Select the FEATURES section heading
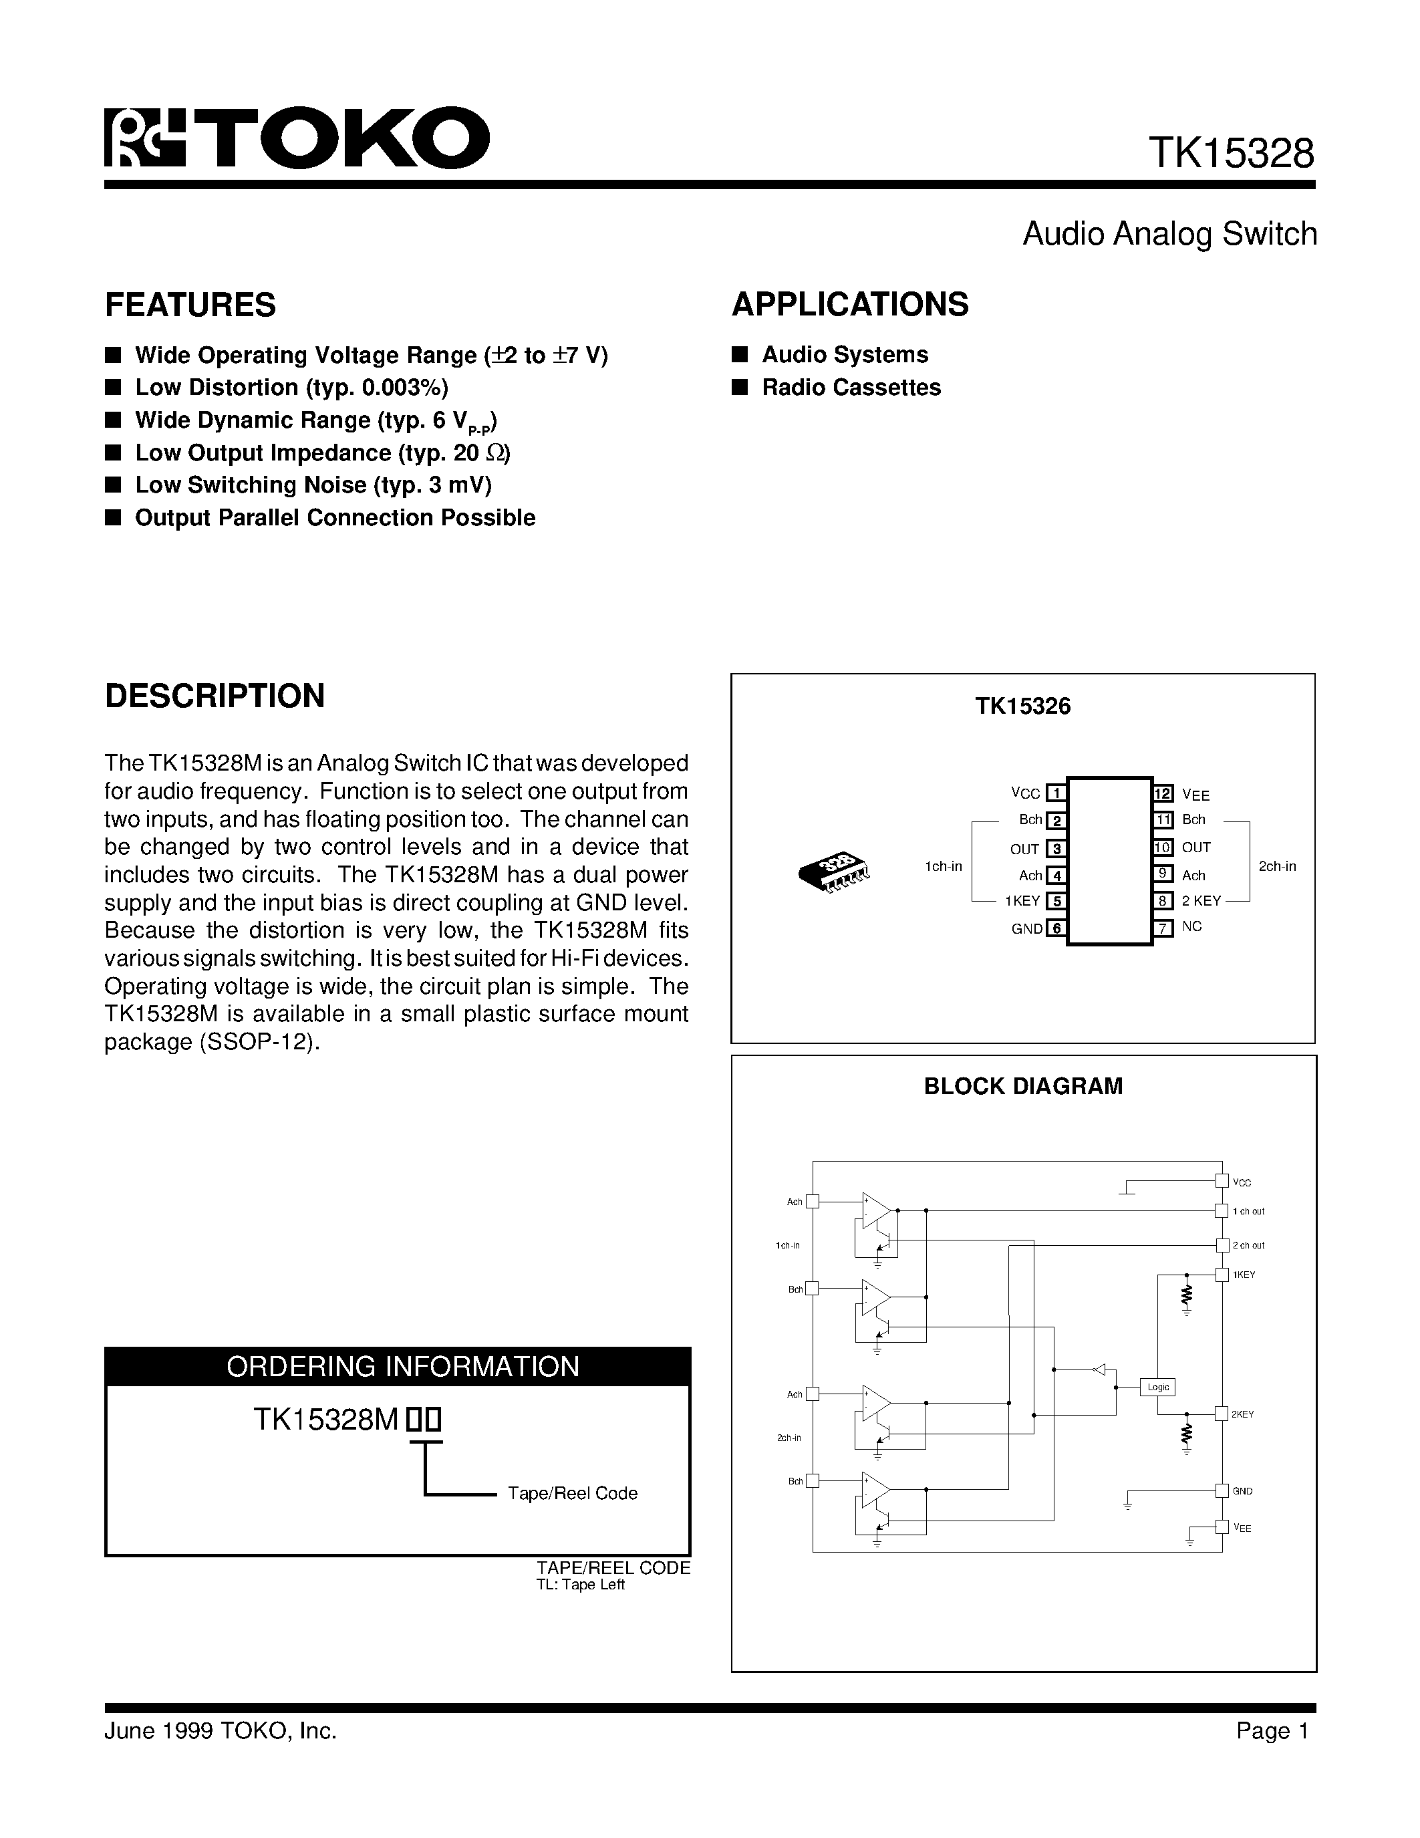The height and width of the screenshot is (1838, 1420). click(x=190, y=305)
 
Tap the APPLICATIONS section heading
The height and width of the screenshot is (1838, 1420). click(x=849, y=305)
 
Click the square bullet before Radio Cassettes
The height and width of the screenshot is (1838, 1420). click(x=740, y=387)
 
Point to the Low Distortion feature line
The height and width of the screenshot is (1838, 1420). click(x=291, y=387)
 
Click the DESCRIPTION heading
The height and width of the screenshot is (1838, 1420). click(x=215, y=696)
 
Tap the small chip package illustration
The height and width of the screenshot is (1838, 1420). click(x=833, y=872)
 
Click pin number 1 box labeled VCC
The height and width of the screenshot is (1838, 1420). click(x=1056, y=793)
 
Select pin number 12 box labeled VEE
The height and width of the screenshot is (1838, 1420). click(x=1163, y=793)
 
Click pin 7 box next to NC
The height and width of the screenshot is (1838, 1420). click(x=1163, y=928)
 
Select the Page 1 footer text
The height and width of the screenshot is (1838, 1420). click(x=1273, y=1730)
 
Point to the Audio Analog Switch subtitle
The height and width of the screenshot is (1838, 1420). click(x=1169, y=234)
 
